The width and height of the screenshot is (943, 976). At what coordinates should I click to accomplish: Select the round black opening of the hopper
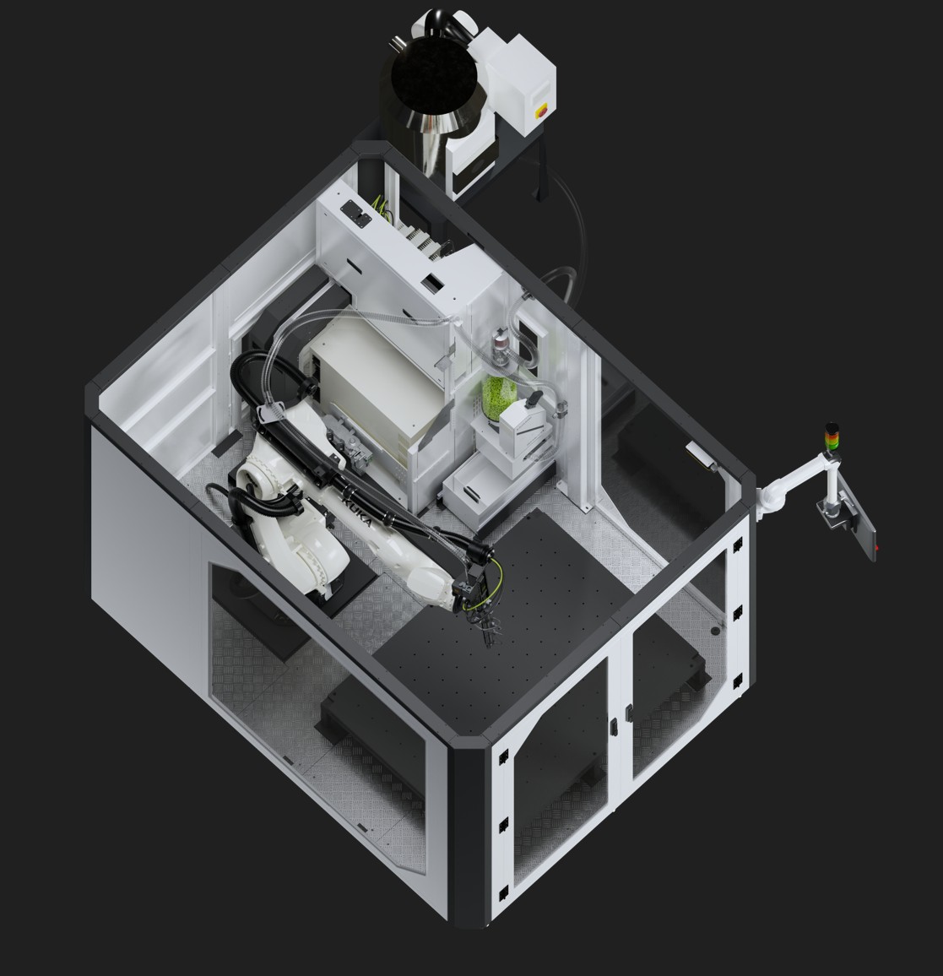point(434,76)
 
